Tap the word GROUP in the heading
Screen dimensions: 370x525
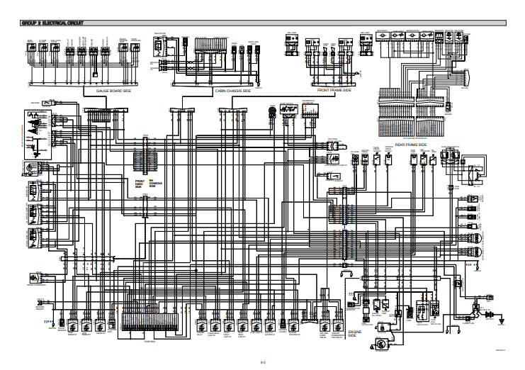click(x=30, y=23)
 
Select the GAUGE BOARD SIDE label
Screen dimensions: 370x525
click(x=113, y=91)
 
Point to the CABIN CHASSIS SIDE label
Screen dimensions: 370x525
click(x=233, y=91)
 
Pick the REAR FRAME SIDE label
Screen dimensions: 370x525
click(x=410, y=144)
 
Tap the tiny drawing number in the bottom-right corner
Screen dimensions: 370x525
click(x=500, y=350)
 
